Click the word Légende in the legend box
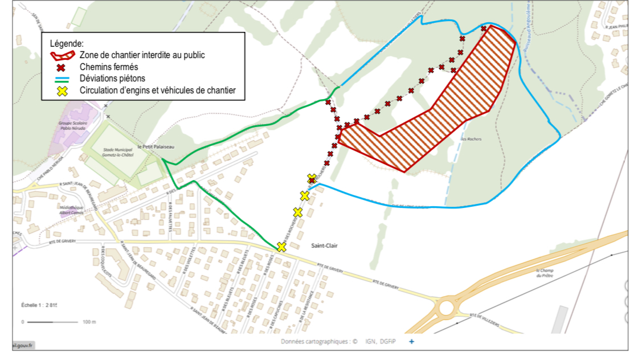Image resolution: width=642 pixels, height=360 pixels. coord(67,43)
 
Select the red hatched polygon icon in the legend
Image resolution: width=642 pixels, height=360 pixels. coord(62,55)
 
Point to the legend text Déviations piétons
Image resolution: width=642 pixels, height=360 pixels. coord(112,79)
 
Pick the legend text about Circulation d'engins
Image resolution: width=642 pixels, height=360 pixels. coord(158,90)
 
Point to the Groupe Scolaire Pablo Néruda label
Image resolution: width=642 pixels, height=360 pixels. coord(72,125)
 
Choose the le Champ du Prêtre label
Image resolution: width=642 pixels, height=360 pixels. coord(546,273)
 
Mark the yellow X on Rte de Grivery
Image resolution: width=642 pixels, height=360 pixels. coord(281,247)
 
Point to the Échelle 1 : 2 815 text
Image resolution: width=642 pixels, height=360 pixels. coord(40,305)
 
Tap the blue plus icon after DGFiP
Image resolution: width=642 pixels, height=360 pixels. coord(411,342)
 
